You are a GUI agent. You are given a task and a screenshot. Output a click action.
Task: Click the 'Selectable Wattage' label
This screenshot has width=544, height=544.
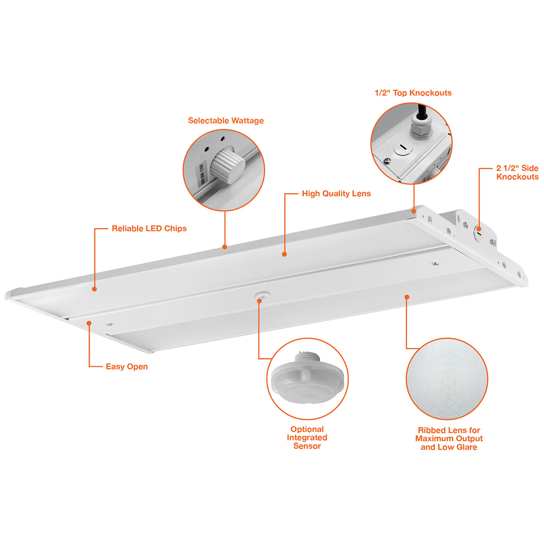(226, 121)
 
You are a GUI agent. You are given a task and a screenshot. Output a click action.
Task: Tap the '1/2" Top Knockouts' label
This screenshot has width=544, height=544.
(413, 93)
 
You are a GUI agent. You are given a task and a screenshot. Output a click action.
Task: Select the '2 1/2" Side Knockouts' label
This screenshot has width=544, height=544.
(517, 172)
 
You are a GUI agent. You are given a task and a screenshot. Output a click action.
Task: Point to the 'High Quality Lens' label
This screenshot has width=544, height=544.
(336, 194)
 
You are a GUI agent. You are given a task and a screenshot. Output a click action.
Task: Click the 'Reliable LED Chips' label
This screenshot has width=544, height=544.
(149, 228)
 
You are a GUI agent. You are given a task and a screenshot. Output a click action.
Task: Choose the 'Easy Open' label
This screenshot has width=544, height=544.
(127, 366)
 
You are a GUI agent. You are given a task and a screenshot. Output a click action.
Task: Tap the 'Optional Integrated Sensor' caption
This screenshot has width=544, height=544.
(307, 437)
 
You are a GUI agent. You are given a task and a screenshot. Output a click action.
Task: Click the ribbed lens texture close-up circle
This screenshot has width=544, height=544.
(447, 379)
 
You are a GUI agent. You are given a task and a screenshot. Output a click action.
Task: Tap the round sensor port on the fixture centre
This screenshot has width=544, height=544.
(262, 296)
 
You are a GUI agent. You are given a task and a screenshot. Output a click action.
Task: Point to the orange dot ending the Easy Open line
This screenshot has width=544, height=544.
(89, 323)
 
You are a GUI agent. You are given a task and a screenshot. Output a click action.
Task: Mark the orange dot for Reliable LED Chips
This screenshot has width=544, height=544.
(95, 289)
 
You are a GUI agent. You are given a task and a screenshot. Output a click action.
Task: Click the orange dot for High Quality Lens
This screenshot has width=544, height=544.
(285, 254)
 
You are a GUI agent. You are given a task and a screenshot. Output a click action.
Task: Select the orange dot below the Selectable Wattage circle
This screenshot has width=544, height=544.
(225, 247)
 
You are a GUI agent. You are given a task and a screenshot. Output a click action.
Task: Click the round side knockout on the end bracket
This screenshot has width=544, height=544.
(477, 233)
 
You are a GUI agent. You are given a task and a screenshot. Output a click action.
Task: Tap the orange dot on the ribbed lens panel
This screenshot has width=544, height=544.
(407, 296)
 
